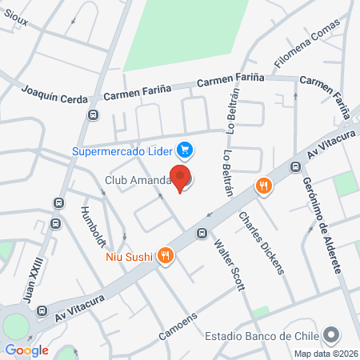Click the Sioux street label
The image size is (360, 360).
pyautogui.click(x=15, y=22)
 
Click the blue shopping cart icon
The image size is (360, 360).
pyautogui.click(x=185, y=149)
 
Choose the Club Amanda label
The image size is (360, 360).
pyautogui.click(x=138, y=180)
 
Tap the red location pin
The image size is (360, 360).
pyautogui.click(x=181, y=178)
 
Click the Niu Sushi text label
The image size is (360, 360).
pyautogui.click(x=129, y=257)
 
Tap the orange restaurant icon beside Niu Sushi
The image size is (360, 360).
pyautogui.click(x=165, y=256)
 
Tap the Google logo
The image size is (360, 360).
pyautogui.click(x=26, y=350)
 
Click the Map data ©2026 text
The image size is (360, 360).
pyautogui.click(x=325, y=354)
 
